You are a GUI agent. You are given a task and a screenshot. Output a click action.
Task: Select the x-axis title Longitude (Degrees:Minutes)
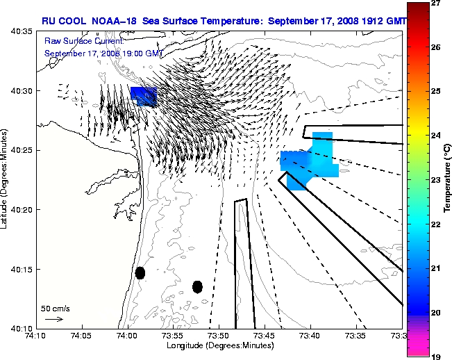[x=218, y=346]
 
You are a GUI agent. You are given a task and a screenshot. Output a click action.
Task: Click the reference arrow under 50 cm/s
[x=53, y=319]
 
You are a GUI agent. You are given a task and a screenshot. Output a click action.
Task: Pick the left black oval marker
[x=140, y=272]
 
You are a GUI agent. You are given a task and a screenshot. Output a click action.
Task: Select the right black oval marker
[x=197, y=286]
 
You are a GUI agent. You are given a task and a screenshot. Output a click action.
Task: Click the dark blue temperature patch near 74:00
[x=144, y=96]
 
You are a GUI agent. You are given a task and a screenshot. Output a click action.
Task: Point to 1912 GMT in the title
[x=374, y=22]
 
